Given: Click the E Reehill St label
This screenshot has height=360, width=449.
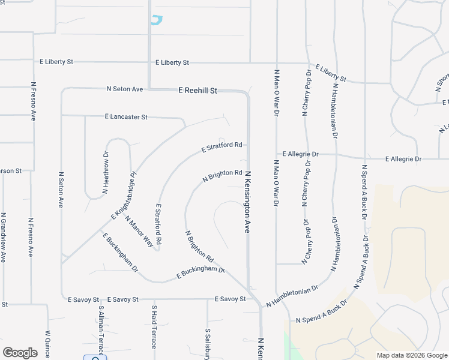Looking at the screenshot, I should (197, 91).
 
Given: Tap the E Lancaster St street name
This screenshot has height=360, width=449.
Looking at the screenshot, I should (125, 116).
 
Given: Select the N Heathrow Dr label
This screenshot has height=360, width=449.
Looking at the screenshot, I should (106, 172).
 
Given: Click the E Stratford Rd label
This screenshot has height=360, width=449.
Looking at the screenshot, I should (221, 146).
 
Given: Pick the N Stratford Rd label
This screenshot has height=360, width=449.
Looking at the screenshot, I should (158, 223).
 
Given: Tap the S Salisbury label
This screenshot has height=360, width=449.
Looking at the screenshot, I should (207, 341).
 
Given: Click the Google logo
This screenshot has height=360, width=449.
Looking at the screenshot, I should (20, 353).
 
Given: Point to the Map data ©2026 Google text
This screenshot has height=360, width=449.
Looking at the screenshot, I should (412, 355).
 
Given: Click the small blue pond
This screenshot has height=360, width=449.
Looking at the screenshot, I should (157, 20).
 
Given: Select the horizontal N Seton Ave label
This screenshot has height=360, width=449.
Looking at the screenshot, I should (125, 89).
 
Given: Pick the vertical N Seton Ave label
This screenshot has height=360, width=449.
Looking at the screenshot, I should (61, 190).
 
